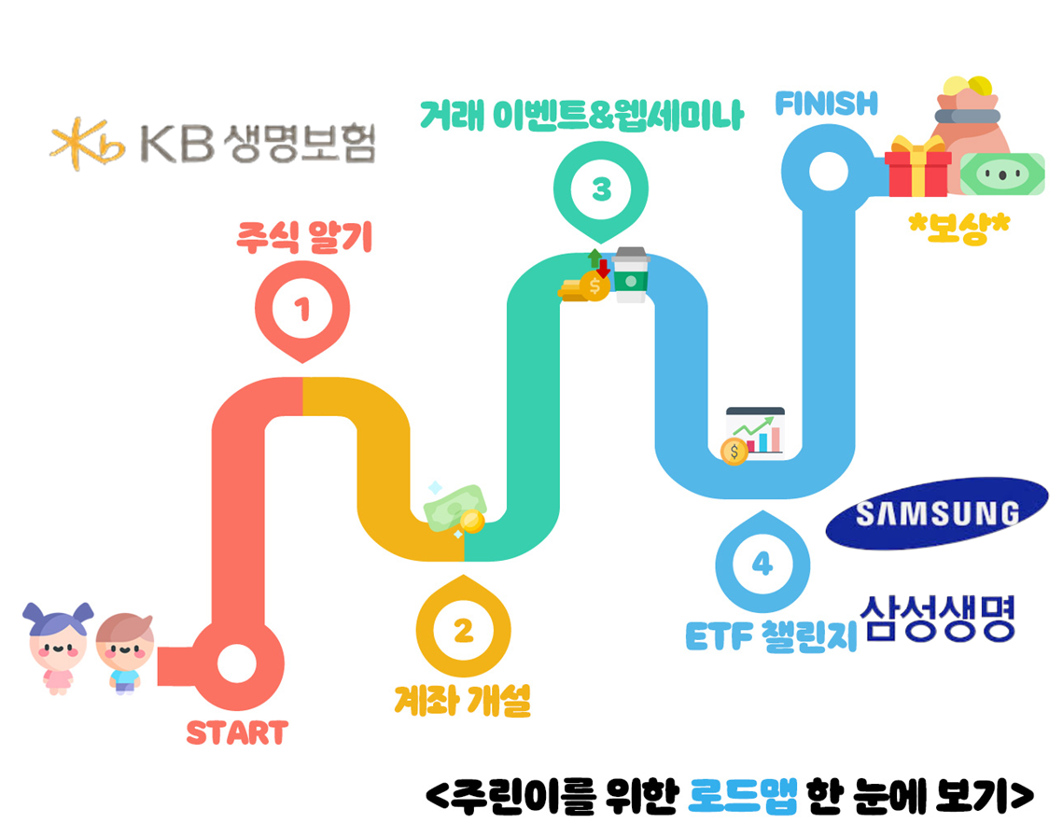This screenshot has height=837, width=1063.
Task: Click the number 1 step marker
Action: point(301,310)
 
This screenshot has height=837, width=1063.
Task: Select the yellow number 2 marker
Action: point(463,631)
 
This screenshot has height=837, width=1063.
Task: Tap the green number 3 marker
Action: point(601,190)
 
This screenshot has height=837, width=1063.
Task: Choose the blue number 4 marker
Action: point(762,565)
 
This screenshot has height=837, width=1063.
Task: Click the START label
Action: point(237,732)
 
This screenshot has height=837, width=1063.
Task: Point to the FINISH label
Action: point(827,104)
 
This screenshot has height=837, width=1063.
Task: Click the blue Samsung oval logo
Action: point(936,513)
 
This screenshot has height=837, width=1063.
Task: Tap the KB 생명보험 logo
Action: point(213,142)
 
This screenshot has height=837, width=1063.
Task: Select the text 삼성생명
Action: point(940,620)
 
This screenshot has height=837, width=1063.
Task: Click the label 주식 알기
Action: point(303,237)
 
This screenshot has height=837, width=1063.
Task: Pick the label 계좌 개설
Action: point(462,700)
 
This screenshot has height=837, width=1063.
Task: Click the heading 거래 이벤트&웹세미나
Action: point(580,117)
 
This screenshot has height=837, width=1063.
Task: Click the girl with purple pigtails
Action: point(58,647)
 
